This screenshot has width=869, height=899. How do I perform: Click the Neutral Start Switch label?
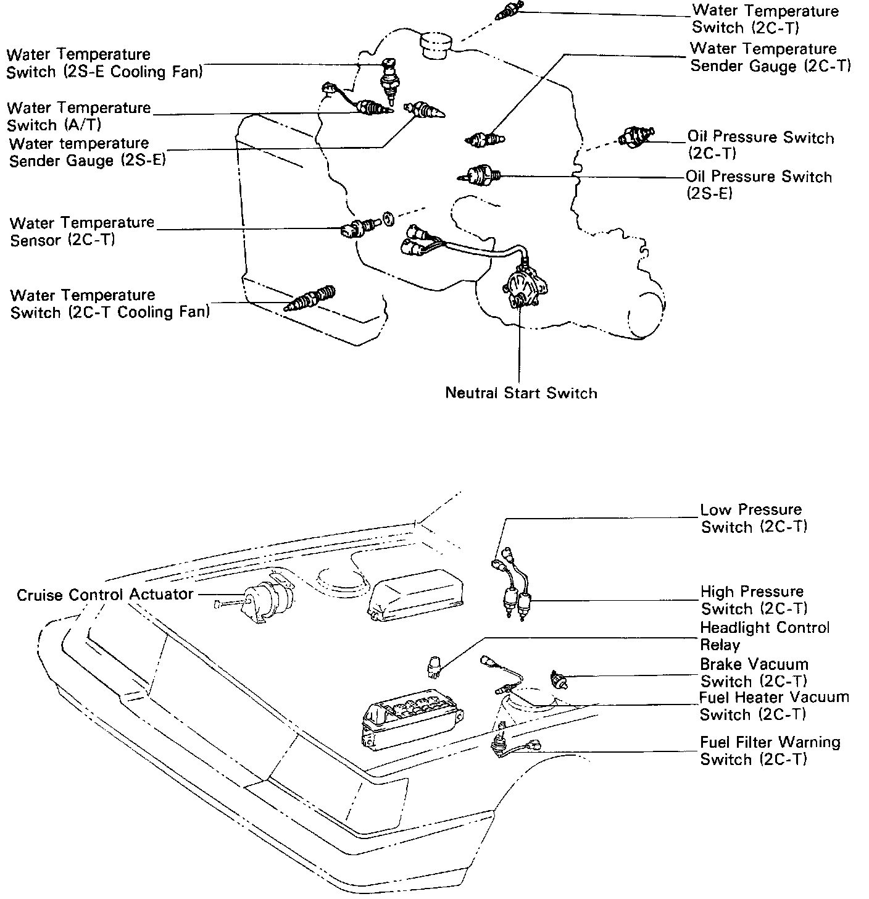click(x=521, y=393)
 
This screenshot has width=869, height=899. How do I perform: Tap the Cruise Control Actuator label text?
click(x=105, y=595)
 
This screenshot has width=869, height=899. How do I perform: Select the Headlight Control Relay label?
click(x=765, y=636)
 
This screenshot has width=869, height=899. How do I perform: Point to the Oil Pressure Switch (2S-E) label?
click(x=759, y=185)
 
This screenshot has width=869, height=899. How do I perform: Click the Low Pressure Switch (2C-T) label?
click(x=754, y=518)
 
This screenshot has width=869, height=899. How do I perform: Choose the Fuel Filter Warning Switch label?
click(x=770, y=750)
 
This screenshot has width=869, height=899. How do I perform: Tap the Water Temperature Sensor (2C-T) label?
click(x=81, y=231)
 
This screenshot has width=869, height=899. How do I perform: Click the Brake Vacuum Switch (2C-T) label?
click(x=754, y=672)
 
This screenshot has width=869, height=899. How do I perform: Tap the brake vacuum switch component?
click(x=559, y=680)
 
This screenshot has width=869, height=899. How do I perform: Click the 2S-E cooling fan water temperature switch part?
click(x=389, y=80)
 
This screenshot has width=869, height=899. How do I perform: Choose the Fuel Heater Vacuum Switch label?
click(x=774, y=706)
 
